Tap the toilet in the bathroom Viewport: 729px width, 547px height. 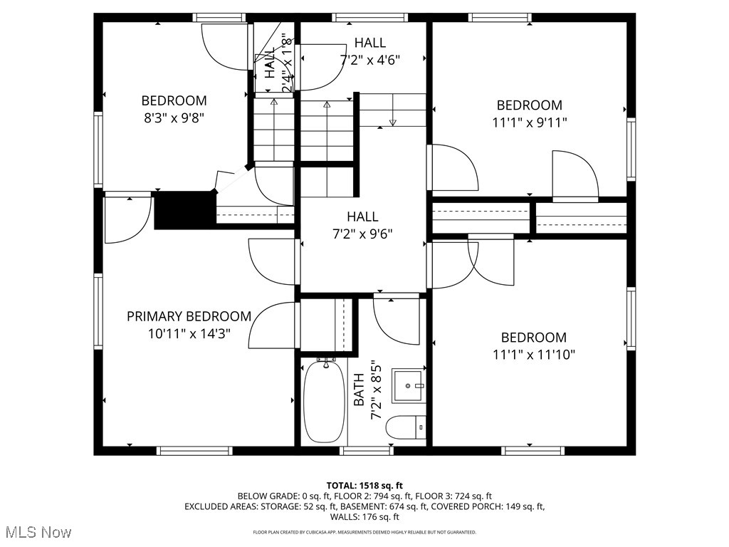coord(404,428)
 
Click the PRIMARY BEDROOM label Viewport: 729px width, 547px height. coord(189,316)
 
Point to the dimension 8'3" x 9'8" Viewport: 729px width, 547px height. coord(174,118)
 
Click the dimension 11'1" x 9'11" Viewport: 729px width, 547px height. coord(529,123)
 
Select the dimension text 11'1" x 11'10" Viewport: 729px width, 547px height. coord(533,354)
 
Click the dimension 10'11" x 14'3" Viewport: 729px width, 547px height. coord(189,333)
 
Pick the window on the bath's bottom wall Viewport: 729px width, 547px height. coord(366,451)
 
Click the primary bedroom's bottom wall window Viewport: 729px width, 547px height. coord(194,451)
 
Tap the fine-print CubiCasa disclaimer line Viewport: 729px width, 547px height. coord(364,532)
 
